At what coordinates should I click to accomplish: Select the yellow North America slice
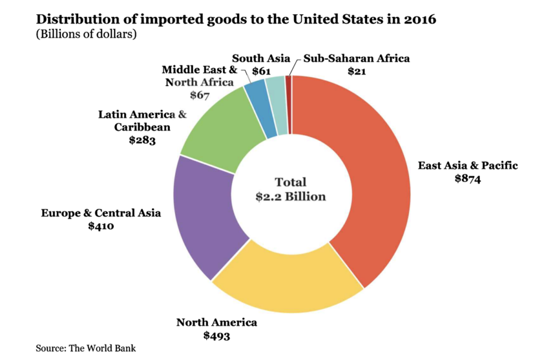coord(288,283)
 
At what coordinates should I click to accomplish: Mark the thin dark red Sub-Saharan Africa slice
coord(289,105)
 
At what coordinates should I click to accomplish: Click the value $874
coord(467,179)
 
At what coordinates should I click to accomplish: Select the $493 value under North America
coord(217,336)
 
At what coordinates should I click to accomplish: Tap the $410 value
coord(101,226)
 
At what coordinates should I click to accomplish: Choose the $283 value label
coord(142,140)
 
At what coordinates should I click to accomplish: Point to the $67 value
coord(200,95)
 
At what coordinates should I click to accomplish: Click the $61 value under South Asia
coord(261,71)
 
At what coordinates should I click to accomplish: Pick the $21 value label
coord(357,71)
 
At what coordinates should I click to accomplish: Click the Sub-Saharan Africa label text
coord(356,59)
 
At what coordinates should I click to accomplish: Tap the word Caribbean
coord(142,127)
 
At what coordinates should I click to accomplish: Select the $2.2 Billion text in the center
coord(291,197)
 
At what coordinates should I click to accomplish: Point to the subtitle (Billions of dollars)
coord(86,34)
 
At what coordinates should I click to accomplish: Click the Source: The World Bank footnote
coord(85,348)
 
